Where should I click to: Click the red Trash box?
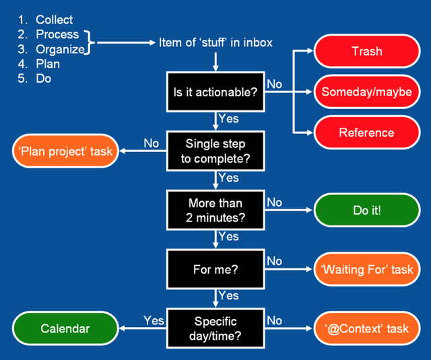[367, 51]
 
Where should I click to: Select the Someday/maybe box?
[367, 92]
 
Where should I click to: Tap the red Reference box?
[367, 133]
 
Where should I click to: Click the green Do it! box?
[367, 210]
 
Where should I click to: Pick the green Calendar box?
[65, 328]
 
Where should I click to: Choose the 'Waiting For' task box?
[367, 269]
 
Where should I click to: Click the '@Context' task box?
[367, 328]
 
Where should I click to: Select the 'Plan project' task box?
[65, 151]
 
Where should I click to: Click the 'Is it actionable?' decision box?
[215, 92]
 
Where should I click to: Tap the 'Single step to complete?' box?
[215, 151]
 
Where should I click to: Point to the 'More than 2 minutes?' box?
[215, 210]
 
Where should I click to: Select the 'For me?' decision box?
[215, 269]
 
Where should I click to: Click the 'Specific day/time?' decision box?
[215, 328]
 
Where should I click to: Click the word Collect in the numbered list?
[54, 20]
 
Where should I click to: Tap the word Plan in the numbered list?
[48, 64]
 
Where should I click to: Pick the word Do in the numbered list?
[43, 79]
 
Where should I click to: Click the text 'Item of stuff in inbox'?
[215, 42]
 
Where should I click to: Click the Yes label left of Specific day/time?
[154, 320]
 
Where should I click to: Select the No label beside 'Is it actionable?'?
[274, 84]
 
